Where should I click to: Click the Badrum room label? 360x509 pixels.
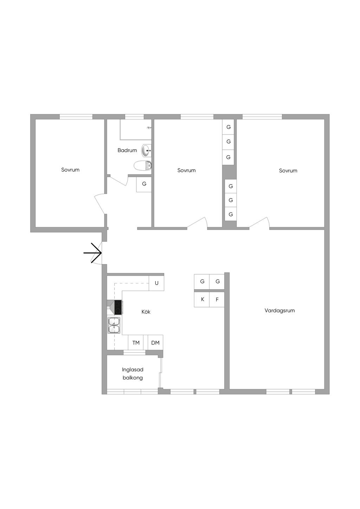coord(127,150)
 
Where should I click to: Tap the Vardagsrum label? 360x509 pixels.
coord(279,311)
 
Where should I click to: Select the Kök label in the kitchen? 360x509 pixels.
coord(146,312)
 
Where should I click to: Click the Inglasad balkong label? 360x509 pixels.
coord(133,373)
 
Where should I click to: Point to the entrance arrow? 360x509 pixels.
coord(92,253)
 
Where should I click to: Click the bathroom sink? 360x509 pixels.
coord(146,150)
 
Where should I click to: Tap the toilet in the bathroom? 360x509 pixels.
coord(143,165)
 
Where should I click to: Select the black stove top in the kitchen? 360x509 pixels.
coord(118,307)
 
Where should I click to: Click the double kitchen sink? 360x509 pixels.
coord(114,325)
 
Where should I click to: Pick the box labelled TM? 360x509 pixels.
coord(136,342)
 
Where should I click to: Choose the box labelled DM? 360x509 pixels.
coord(155,342)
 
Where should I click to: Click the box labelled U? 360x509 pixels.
coord(156,283)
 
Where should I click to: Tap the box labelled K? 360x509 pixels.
coord(202,300)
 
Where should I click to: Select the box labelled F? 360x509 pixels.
coord(217,300)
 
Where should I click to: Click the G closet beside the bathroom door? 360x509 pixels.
coord(144,184)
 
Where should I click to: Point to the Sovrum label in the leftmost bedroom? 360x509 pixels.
coord(70,170)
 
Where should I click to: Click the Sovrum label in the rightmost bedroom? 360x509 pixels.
coord(288,170)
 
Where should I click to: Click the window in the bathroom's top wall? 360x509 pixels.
coord(134,117)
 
